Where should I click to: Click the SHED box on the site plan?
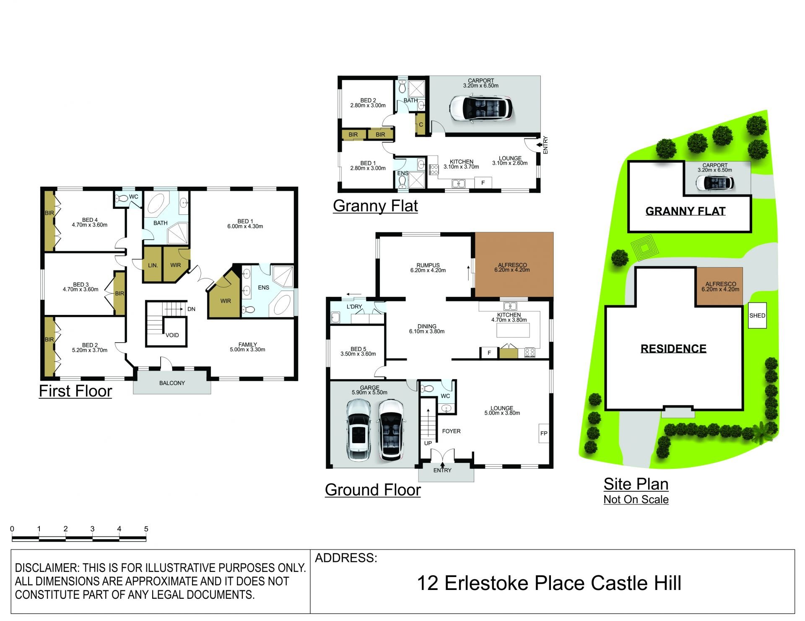[757, 315]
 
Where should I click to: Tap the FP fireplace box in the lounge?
[544, 433]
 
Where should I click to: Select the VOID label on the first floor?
[172, 335]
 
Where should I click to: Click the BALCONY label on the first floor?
[172, 383]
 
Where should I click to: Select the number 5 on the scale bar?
[146, 529]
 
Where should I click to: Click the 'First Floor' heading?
[75, 391]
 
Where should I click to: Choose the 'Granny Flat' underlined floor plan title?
[375, 206]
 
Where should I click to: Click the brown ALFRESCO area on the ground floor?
[514, 264]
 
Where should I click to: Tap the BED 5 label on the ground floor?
[358, 349]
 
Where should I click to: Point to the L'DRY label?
[354, 307]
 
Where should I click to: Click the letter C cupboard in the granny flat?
[421, 125]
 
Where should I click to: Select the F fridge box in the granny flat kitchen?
[483, 183]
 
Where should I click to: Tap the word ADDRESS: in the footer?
[346, 558]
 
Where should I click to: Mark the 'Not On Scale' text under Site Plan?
[636, 499]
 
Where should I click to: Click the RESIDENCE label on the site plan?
[673, 348]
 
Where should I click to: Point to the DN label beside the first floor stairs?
[191, 309]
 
